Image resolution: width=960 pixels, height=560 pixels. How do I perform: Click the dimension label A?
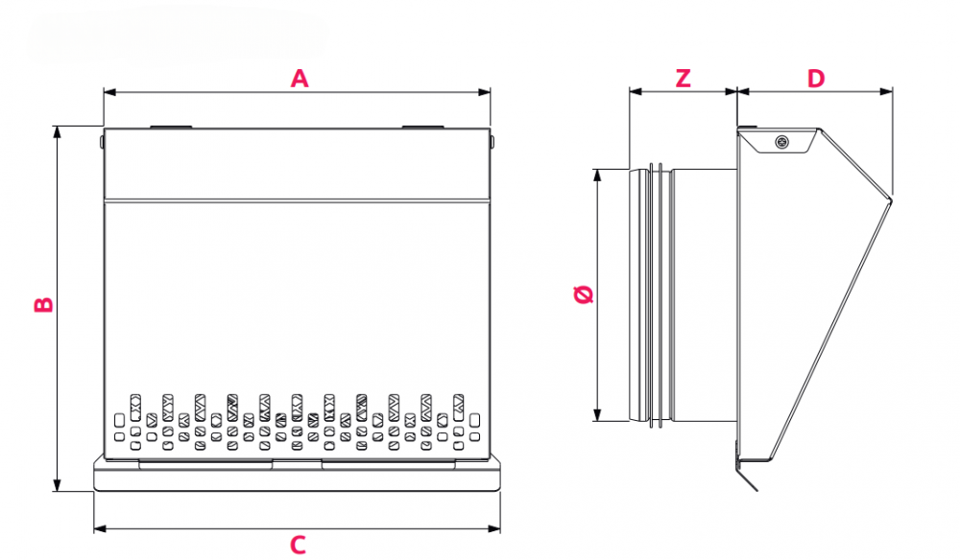point(300,79)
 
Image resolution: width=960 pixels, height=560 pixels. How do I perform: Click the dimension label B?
point(43,305)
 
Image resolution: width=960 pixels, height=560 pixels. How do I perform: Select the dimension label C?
point(299,546)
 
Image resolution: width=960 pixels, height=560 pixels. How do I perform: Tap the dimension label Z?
point(683,79)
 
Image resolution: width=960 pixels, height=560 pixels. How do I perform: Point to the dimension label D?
point(815,79)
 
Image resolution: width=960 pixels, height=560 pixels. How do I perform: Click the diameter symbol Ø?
point(583,294)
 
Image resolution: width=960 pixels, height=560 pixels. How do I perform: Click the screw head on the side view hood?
point(781,144)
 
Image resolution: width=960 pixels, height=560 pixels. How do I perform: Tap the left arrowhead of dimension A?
point(108,92)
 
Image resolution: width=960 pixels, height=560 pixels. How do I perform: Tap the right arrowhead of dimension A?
point(486,92)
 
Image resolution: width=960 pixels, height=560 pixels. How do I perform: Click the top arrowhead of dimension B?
point(58,131)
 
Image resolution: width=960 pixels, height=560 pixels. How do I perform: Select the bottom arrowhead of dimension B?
point(58,486)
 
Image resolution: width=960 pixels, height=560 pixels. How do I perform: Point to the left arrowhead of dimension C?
point(99,528)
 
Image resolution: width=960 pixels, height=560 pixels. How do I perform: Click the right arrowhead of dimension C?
point(495,528)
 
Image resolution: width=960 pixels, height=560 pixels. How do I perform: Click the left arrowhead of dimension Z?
point(634,92)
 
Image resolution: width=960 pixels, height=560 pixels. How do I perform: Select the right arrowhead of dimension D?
point(888,92)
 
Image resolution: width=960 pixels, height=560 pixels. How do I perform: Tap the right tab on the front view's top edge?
point(422,126)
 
